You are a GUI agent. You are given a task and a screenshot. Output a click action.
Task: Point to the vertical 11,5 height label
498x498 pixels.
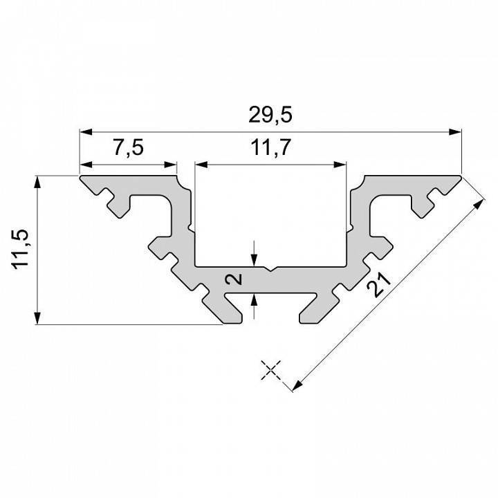point(21,249)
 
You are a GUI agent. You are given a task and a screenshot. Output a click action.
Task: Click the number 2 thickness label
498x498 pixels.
point(235,279)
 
